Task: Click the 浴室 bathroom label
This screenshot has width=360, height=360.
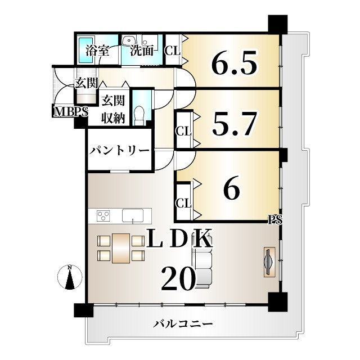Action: point(97,51)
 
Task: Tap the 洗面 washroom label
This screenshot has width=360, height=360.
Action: point(142,51)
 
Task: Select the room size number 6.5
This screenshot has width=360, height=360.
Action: point(234,62)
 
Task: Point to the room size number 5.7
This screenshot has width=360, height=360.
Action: point(234,124)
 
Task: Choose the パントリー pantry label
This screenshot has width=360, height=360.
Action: point(119,151)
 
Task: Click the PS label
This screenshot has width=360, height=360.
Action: point(276,220)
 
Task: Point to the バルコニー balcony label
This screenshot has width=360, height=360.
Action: point(183,324)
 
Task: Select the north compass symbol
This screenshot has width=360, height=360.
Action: point(70,277)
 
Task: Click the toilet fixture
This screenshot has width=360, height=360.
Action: point(139,115)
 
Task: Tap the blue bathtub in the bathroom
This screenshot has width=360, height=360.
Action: point(86,50)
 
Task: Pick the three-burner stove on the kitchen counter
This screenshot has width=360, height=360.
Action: point(103,216)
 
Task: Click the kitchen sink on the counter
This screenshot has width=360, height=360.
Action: point(133,215)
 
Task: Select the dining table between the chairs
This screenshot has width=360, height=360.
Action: point(121,248)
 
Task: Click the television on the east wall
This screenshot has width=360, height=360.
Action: point(270,262)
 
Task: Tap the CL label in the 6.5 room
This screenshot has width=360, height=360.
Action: point(173,51)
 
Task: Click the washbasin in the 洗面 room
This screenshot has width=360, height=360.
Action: point(129,40)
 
